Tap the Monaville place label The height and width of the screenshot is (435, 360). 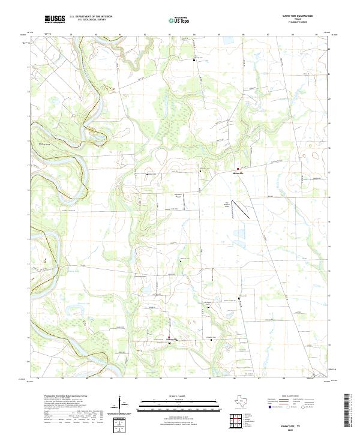coord(239,173)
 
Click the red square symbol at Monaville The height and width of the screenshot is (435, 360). coord(238,169)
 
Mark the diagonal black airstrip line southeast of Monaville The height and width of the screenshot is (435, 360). coord(241,209)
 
